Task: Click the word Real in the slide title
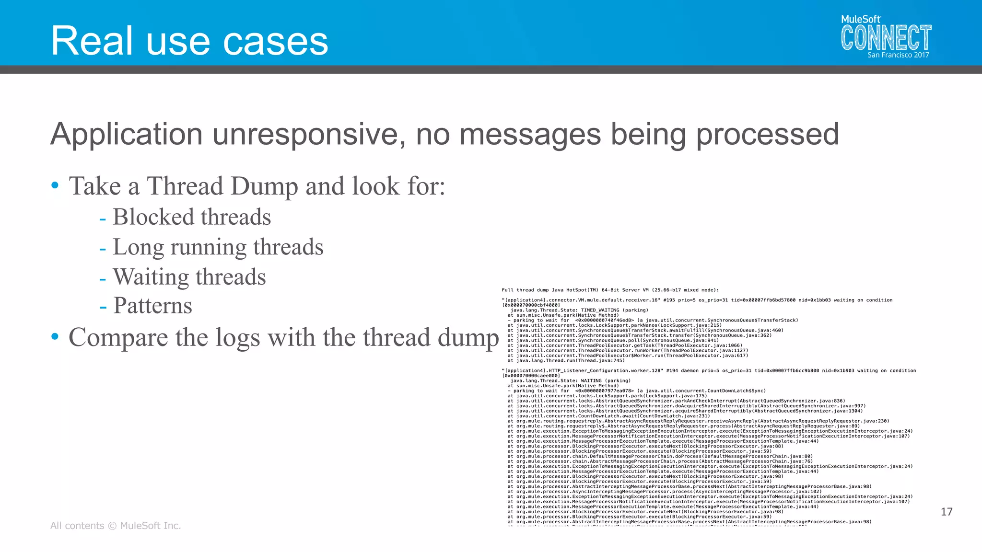click(x=92, y=41)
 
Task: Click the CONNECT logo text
click(x=886, y=38)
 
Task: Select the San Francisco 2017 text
click(x=898, y=55)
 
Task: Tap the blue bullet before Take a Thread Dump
click(x=55, y=185)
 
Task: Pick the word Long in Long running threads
click(x=138, y=247)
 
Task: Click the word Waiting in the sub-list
click(x=151, y=277)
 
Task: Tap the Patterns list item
click(x=152, y=306)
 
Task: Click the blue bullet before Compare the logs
click(x=55, y=337)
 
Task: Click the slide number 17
click(x=947, y=512)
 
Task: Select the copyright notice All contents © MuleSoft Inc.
click(x=116, y=526)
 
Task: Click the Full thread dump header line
click(x=610, y=290)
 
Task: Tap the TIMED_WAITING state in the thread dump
click(x=600, y=310)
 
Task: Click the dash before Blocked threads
click(x=103, y=218)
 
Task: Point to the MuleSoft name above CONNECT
click(x=861, y=19)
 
